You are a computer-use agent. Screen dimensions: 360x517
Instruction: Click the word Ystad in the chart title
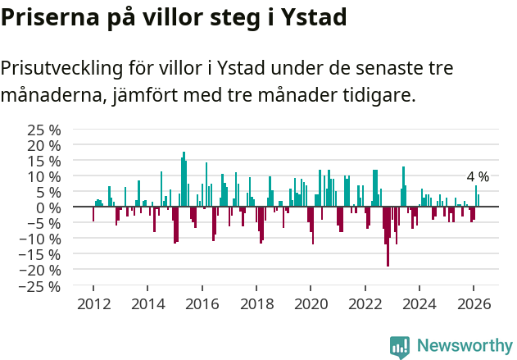coord(306,17)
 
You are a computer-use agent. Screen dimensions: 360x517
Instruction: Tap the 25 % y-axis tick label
coord(45,130)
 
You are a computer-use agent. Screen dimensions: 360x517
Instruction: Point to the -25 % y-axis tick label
coord(42,286)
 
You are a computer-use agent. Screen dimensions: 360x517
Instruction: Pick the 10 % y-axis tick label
coord(45,176)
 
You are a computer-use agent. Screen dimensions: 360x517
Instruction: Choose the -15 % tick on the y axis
coord(42,254)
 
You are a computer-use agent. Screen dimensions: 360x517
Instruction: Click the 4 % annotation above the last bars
coord(478,177)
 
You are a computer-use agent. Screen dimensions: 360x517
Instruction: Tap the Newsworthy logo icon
coord(400,346)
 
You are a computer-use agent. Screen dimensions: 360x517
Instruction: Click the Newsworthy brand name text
coord(464,346)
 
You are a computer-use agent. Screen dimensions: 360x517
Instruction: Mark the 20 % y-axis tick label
coord(45,145)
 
